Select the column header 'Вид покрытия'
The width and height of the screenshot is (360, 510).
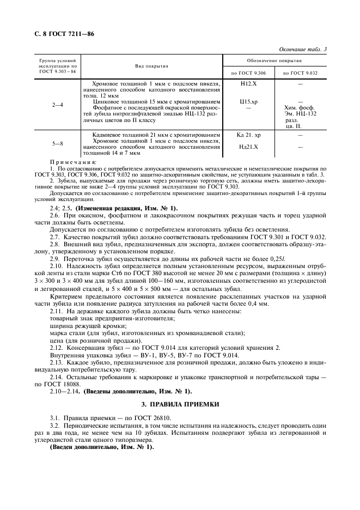[x=151, y=66]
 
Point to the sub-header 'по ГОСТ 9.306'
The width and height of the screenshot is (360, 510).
[x=249, y=72]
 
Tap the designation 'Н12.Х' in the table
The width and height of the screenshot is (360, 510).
[x=248, y=84]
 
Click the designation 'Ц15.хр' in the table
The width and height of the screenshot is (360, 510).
[x=248, y=101]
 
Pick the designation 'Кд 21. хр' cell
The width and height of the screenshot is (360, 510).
[x=248, y=135]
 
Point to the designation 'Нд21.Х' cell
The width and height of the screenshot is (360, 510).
[x=248, y=147]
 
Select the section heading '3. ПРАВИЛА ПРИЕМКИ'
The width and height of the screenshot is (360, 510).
[x=180, y=404]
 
